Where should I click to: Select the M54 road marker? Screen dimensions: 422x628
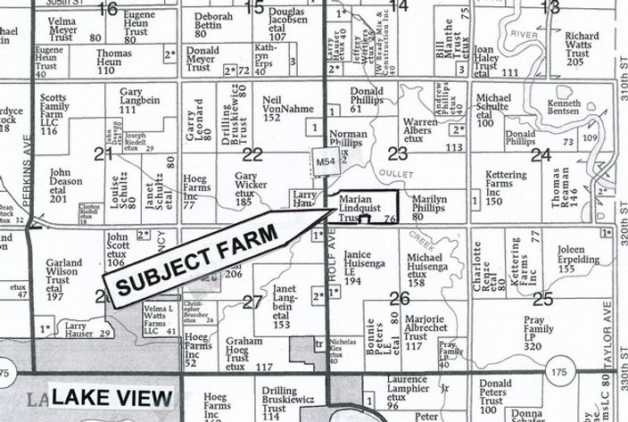325,158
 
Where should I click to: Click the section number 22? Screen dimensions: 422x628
253,153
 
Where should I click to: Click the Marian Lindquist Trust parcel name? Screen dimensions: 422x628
362,208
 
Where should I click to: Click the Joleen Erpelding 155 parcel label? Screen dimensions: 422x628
579,257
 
